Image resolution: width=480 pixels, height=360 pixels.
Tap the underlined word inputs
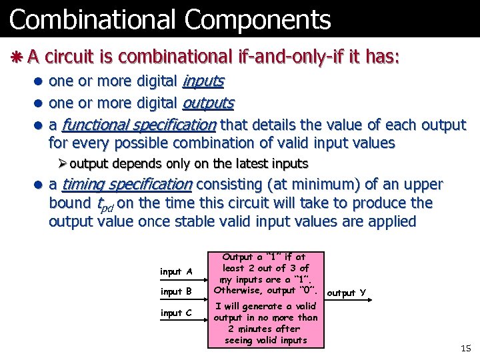coord(203,81)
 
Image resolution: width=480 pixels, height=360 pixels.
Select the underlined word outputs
coord(207,103)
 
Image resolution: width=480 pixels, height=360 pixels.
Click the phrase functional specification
coord(139,125)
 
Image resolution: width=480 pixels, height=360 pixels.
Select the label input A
coord(176,271)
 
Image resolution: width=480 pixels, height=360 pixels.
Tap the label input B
coord(176,291)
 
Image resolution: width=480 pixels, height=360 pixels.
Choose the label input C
coord(176,313)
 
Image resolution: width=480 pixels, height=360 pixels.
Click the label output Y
coord(346,293)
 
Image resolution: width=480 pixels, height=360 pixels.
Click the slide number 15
coord(465,349)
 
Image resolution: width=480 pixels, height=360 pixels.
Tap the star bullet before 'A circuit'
coord(16,57)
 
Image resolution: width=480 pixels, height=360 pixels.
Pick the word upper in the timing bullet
coord(423,185)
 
